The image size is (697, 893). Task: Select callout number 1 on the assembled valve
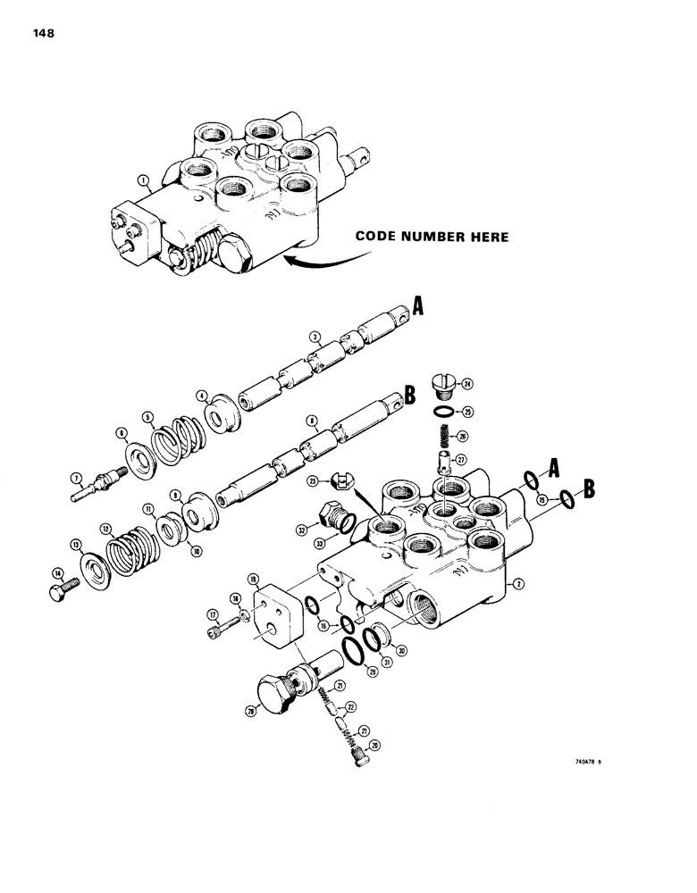pyautogui.click(x=143, y=181)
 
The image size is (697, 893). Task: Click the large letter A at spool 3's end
pyautogui.click(x=417, y=310)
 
